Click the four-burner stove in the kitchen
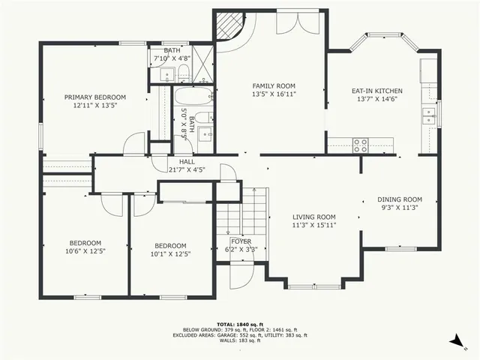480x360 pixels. (361, 145)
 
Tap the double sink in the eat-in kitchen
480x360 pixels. (429, 115)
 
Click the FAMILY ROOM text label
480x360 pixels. (273, 86)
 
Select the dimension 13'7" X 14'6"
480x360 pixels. (373, 100)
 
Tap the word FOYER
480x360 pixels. (240, 241)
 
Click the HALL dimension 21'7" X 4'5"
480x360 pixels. (187, 170)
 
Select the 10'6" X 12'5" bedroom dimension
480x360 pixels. (85, 251)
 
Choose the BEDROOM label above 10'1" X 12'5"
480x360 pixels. (170, 245)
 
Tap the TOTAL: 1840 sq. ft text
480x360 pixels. (240, 323)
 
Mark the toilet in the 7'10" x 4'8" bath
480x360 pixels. (182, 73)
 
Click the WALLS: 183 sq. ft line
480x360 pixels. (240, 340)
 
